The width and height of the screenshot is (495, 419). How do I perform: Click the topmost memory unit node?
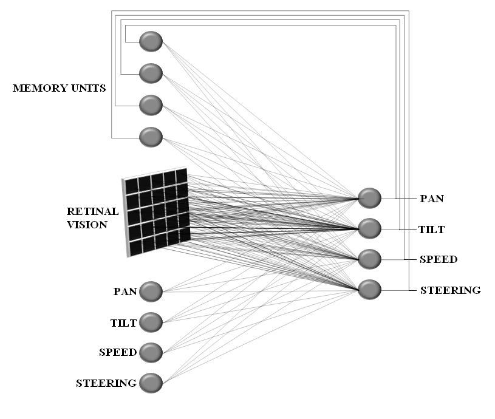click(x=151, y=41)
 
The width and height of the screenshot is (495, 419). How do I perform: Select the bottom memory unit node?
click(x=151, y=137)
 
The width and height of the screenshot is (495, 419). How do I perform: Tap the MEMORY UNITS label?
click(x=60, y=88)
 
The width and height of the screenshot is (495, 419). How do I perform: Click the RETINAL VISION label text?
click(x=92, y=218)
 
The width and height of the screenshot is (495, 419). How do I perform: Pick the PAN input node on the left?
click(x=151, y=291)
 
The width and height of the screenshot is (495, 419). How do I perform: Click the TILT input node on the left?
click(x=151, y=322)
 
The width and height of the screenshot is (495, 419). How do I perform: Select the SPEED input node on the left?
click(x=151, y=352)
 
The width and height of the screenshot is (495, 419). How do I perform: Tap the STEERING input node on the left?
click(x=151, y=383)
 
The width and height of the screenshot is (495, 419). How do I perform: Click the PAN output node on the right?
click(x=370, y=198)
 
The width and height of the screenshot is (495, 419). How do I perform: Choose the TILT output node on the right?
click(x=370, y=228)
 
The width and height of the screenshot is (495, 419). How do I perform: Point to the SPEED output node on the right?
click(x=370, y=259)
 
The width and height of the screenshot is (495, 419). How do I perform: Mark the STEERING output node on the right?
click(x=370, y=289)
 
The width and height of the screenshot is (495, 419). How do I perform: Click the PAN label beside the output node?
click(x=432, y=199)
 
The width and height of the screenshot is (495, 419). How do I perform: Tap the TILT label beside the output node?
click(x=431, y=230)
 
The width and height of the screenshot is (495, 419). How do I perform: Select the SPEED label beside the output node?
click(x=439, y=259)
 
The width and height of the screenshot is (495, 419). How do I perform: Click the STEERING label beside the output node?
click(x=451, y=290)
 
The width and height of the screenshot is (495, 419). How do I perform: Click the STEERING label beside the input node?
click(x=106, y=383)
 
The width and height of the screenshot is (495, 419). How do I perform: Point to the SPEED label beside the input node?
click(x=118, y=352)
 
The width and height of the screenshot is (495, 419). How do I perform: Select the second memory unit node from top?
click(x=151, y=73)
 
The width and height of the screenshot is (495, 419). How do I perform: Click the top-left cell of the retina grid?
click(x=132, y=186)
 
